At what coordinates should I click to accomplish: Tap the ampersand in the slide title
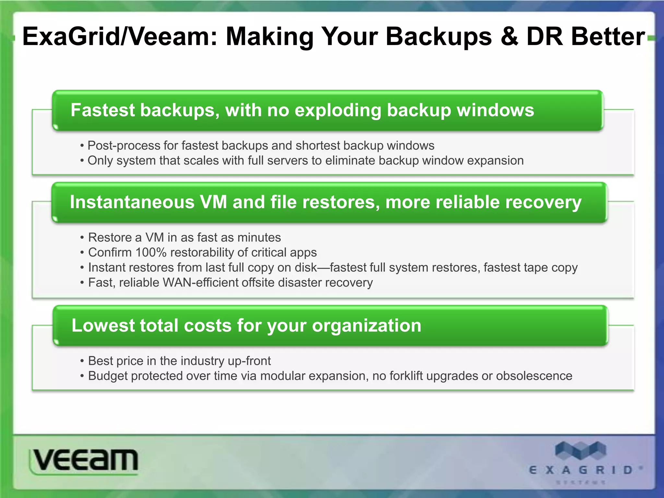pyautogui.click(x=510, y=37)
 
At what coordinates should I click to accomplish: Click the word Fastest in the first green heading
pyautogui.click(x=102, y=110)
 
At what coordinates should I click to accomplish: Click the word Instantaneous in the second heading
pyautogui.click(x=132, y=202)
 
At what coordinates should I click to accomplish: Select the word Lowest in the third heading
pyautogui.click(x=102, y=325)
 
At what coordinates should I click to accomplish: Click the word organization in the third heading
pyautogui.click(x=366, y=326)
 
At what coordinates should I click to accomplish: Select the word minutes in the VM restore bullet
pyautogui.click(x=259, y=237)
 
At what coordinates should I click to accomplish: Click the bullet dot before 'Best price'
pyautogui.click(x=82, y=361)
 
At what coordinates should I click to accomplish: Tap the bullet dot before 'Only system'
pyautogui.click(x=82, y=161)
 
